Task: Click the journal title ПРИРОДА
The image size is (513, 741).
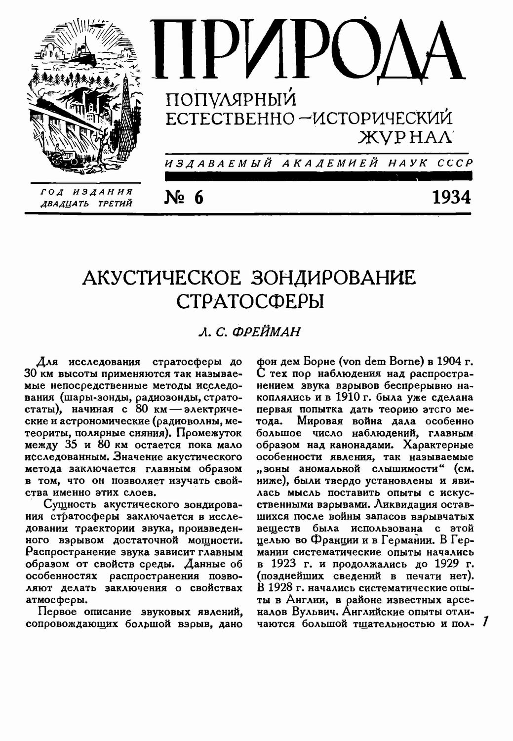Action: (x=310, y=51)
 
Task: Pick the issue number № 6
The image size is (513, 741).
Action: (x=183, y=197)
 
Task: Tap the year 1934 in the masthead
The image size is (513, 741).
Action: (x=451, y=197)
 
